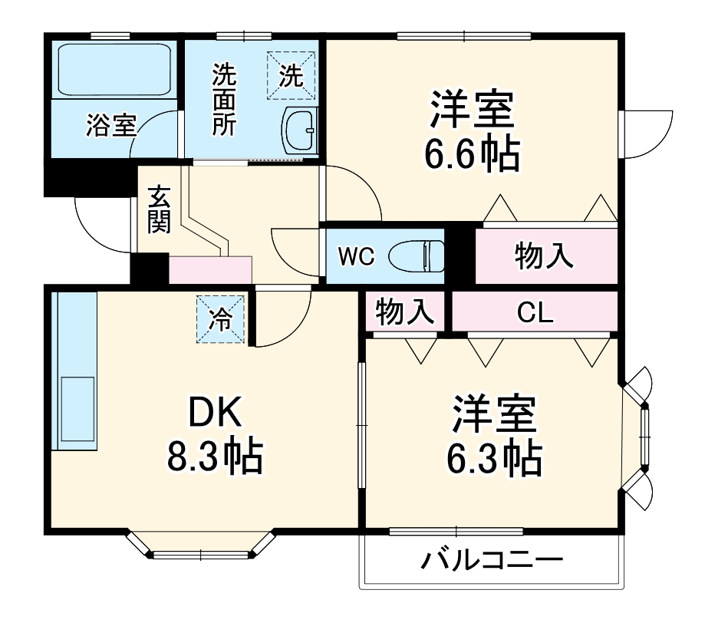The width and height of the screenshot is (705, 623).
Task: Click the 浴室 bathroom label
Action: point(111,125)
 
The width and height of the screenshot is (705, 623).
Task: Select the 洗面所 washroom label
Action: point(224,101)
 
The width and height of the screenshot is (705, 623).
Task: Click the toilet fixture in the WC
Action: point(417,256)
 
